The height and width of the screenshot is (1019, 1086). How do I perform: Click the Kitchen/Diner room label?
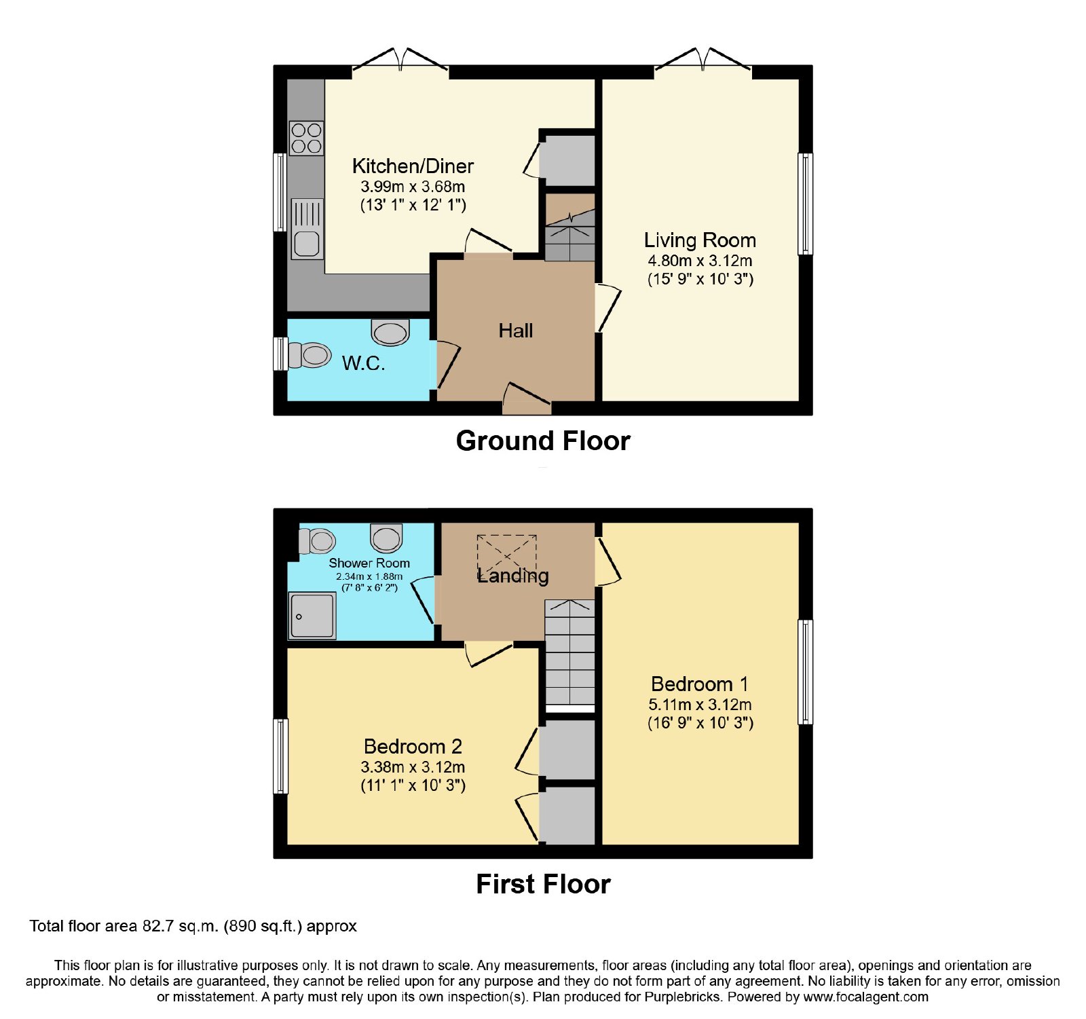413,166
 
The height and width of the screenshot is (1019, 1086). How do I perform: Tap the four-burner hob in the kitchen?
306,138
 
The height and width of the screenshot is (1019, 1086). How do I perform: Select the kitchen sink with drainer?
307,229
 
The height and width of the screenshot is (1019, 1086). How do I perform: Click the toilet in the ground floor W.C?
310,354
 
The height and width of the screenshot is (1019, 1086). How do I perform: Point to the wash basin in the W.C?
390,332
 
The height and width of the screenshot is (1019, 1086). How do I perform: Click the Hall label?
516,331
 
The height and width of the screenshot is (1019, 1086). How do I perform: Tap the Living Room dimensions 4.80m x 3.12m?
700,261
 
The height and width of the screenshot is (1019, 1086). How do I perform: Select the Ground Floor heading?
543,441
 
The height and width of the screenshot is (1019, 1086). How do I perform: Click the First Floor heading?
543,884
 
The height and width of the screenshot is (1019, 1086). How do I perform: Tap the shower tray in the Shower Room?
312,616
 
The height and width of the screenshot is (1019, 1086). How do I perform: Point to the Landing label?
513,576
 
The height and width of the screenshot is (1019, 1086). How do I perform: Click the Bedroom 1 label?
699,684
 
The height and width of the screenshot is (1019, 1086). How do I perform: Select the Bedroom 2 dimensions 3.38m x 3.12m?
413,767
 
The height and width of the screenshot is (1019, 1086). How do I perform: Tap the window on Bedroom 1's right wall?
805,672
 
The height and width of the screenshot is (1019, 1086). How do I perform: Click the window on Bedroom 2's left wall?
280,756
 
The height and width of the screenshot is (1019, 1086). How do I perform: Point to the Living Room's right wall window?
805,204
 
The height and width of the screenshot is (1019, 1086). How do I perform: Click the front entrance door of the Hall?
527,400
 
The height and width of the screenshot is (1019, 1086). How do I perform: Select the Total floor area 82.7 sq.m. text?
193,926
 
